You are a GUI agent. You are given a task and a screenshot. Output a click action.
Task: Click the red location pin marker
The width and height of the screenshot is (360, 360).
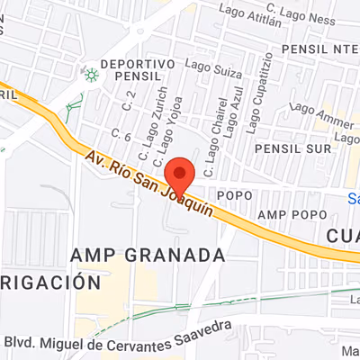[181, 172]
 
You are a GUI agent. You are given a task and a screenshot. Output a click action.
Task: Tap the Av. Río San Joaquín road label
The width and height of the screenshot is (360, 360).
[150, 184]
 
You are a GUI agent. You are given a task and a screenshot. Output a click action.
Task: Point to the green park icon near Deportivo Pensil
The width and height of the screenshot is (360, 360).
[91, 74]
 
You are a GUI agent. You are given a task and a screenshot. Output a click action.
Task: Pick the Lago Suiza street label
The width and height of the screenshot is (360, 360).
[209, 65]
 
